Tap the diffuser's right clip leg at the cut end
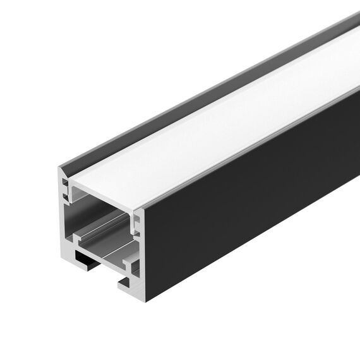(x=135, y=218)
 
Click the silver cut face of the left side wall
(x=64, y=215)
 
